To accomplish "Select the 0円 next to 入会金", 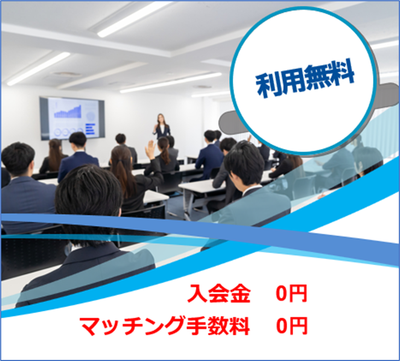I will point(292,294).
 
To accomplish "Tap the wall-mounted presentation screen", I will point(72,118).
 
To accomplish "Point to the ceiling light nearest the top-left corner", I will point(38,68).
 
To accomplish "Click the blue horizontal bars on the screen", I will point(90,129).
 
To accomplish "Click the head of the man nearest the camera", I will point(88,195).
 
